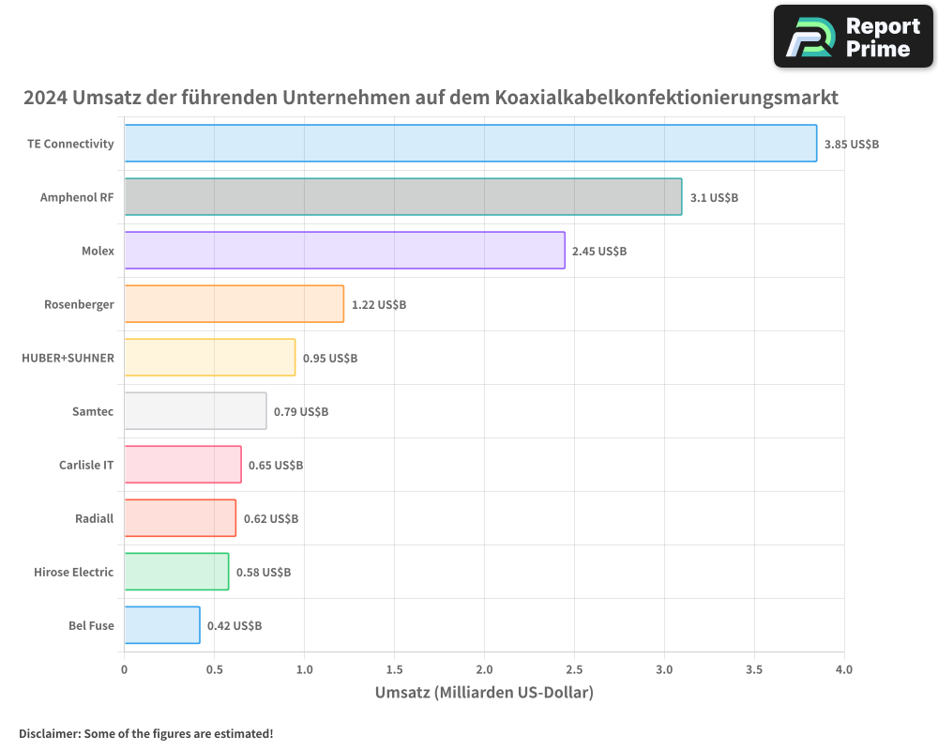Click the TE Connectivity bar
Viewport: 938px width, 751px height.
point(470,144)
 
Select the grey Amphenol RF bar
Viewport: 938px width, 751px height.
point(402,197)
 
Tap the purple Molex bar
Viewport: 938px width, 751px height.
point(344,251)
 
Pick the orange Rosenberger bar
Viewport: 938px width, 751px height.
point(234,304)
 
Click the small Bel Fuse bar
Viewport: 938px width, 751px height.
point(161,625)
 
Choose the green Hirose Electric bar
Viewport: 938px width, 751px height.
point(176,572)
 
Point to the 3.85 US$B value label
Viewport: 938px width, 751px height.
point(852,144)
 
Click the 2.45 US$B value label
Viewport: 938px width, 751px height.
point(599,251)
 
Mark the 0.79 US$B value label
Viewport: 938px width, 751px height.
point(301,411)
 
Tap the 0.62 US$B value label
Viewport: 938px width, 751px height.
point(271,518)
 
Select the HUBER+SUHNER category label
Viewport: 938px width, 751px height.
point(68,358)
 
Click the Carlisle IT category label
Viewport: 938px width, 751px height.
point(86,465)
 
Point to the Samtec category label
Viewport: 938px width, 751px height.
point(93,411)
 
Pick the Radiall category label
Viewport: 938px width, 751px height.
point(95,518)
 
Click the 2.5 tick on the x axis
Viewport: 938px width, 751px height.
point(574,669)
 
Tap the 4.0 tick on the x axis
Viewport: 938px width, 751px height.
point(844,669)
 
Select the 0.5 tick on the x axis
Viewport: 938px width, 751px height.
point(214,669)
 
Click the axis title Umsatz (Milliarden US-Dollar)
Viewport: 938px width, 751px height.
point(484,694)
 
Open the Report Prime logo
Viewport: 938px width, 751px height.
point(854,37)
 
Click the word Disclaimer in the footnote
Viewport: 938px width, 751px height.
point(48,733)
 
